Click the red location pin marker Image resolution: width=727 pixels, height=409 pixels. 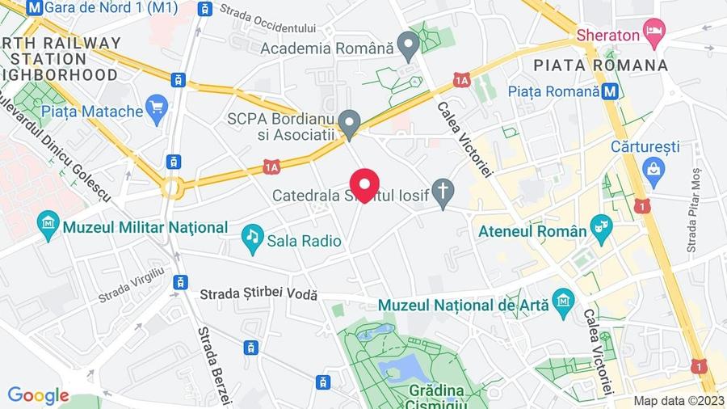coord(363,183)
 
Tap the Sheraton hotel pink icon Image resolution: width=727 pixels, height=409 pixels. coord(653,34)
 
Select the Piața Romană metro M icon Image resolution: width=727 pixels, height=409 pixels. coord(611,91)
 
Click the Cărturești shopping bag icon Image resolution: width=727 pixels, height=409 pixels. coord(653,169)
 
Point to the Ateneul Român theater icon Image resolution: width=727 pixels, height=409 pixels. coord(601,225)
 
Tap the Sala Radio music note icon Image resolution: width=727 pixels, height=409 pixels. coord(253,235)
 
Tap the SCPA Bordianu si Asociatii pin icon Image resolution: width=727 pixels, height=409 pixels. coord(349,123)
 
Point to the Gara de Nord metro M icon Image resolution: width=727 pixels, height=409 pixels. coord(35,7)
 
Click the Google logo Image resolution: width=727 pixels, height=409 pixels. coord(38,396)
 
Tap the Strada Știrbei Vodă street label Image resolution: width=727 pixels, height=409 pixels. coord(258,297)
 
